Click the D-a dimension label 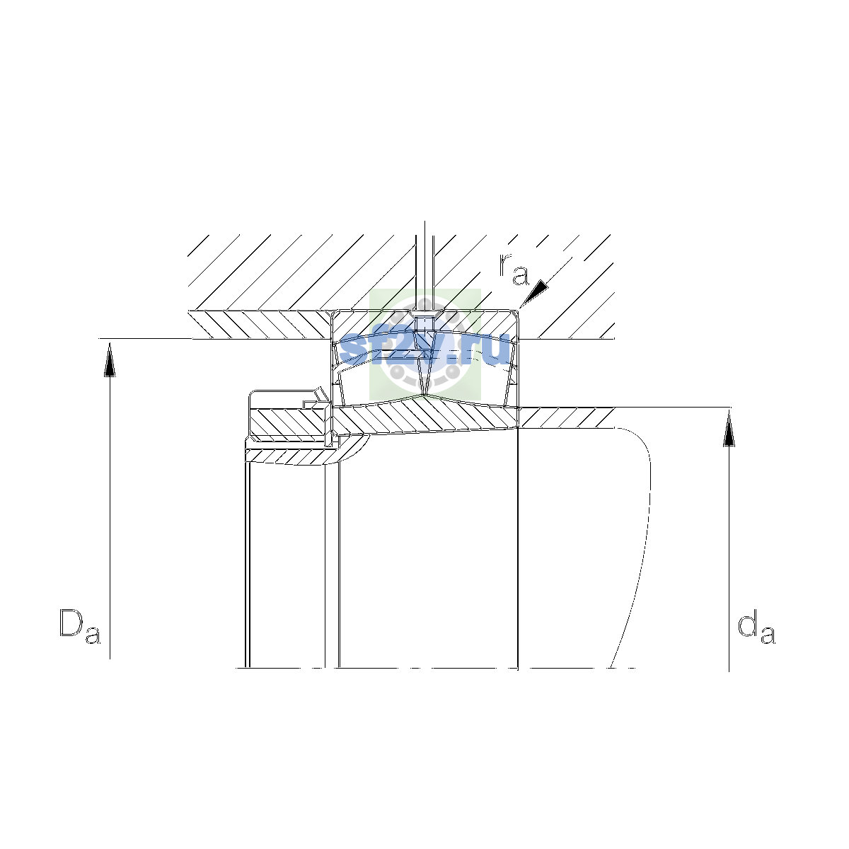pyautogui.click(x=80, y=626)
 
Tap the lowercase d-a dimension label pyautogui.click(x=756, y=627)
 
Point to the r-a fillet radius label pyautogui.click(x=514, y=269)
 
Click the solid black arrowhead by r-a pyautogui.click(x=535, y=293)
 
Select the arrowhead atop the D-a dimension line pyautogui.click(x=110, y=359)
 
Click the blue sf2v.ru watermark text pyautogui.click(x=425, y=350)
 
